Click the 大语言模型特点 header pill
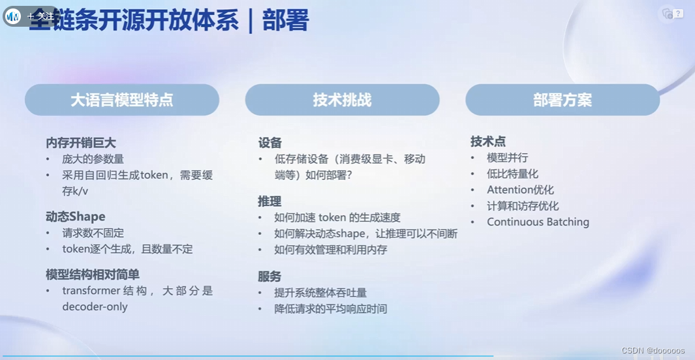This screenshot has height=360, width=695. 122,100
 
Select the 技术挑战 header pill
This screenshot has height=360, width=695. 342,100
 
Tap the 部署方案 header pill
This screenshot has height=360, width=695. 562,100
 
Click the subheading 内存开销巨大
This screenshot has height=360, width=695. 81,143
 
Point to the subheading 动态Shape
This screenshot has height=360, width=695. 75,217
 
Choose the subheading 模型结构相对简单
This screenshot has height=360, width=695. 93,275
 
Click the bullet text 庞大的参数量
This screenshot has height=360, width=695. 93,159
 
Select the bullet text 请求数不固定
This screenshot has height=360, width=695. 93,233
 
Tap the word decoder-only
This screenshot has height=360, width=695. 95,307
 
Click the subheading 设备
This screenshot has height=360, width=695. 270,143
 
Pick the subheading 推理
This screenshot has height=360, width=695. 270,202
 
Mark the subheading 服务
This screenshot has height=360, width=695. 270,277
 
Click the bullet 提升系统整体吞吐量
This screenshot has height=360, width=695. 320,293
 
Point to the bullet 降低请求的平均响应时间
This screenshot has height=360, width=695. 331,308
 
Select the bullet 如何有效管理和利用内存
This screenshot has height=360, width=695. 331,249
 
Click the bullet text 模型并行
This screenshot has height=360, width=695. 507,158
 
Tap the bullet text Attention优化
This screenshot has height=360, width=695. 520,190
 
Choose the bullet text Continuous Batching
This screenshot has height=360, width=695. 538,222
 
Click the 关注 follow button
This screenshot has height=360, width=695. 40,16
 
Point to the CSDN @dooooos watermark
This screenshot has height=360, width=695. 653,351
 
